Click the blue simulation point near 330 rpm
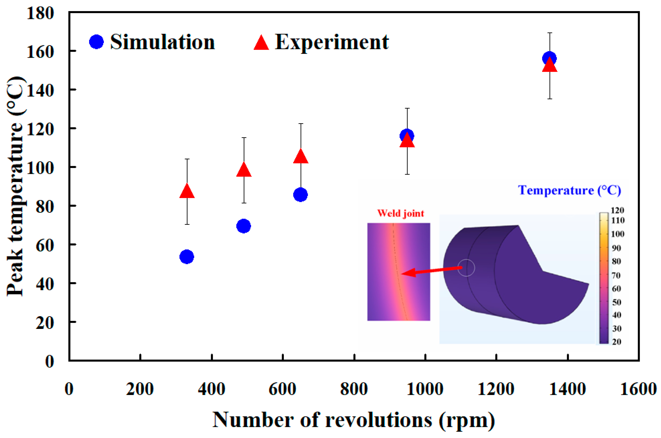[187, 256]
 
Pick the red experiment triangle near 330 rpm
[187, 192]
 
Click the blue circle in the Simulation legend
[96, 42]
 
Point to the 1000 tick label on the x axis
[425, 389]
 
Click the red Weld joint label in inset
[400, 213]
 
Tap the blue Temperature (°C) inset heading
[569, 190]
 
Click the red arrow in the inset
[430, 271]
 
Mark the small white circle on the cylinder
[466, 268]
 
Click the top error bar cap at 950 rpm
[407, 108]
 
